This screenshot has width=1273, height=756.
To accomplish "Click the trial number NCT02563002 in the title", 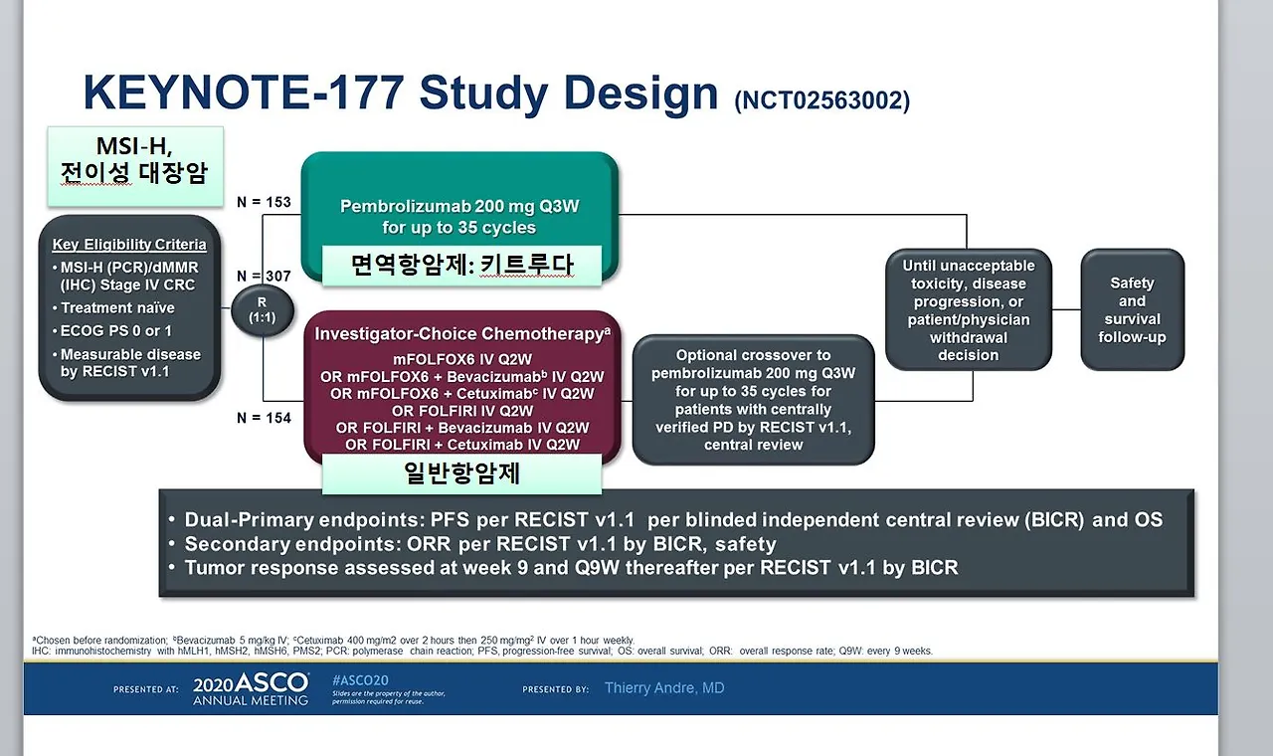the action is coord(821,100).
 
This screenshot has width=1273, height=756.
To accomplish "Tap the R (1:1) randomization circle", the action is coord(262,309).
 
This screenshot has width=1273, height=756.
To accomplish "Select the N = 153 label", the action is coord(264,202).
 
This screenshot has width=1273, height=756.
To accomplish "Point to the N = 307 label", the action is coord(264,277).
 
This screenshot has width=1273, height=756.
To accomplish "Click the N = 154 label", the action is coord(264,418).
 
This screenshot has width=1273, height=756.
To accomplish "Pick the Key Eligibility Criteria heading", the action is coord(129,245).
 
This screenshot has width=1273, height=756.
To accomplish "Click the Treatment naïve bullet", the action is coord(113,307).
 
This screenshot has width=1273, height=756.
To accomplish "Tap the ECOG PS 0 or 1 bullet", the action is coord(112,331).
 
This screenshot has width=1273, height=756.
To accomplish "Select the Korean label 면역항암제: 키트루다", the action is coord(462,265).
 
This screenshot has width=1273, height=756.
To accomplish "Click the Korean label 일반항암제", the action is coord(462,472).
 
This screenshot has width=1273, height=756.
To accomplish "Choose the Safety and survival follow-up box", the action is coord(1132,309).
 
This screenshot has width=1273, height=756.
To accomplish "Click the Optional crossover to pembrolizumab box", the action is coord(753,400).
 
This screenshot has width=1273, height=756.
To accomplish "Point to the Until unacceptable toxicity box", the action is coord(969,309).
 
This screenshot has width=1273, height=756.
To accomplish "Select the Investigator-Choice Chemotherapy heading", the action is coord(462,333).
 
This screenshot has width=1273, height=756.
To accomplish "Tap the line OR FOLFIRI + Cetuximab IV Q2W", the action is coord(462,445).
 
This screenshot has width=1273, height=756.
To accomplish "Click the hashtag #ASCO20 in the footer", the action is coord(360,680).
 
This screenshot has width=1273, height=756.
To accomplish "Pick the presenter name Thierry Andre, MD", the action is coord(664,687).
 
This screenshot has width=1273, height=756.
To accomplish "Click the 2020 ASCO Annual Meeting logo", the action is coord(251,689).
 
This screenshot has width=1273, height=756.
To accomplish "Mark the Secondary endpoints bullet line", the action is coord(473,544).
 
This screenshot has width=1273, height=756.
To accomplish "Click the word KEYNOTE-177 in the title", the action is coord(244,92).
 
